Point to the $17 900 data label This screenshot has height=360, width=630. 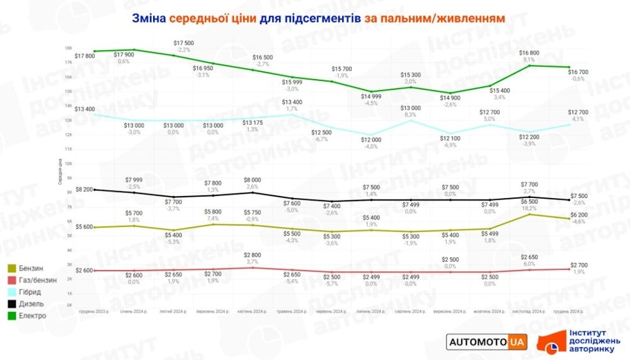coord(123,54)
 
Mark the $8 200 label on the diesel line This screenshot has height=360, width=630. coord(84,189)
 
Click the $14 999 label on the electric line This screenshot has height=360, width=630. coord(371,96)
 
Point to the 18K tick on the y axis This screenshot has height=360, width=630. coord(68,49)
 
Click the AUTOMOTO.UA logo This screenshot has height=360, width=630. coord(486,342)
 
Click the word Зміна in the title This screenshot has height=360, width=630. coord(149,18)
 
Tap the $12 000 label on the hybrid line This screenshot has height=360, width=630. coord(371,139)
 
